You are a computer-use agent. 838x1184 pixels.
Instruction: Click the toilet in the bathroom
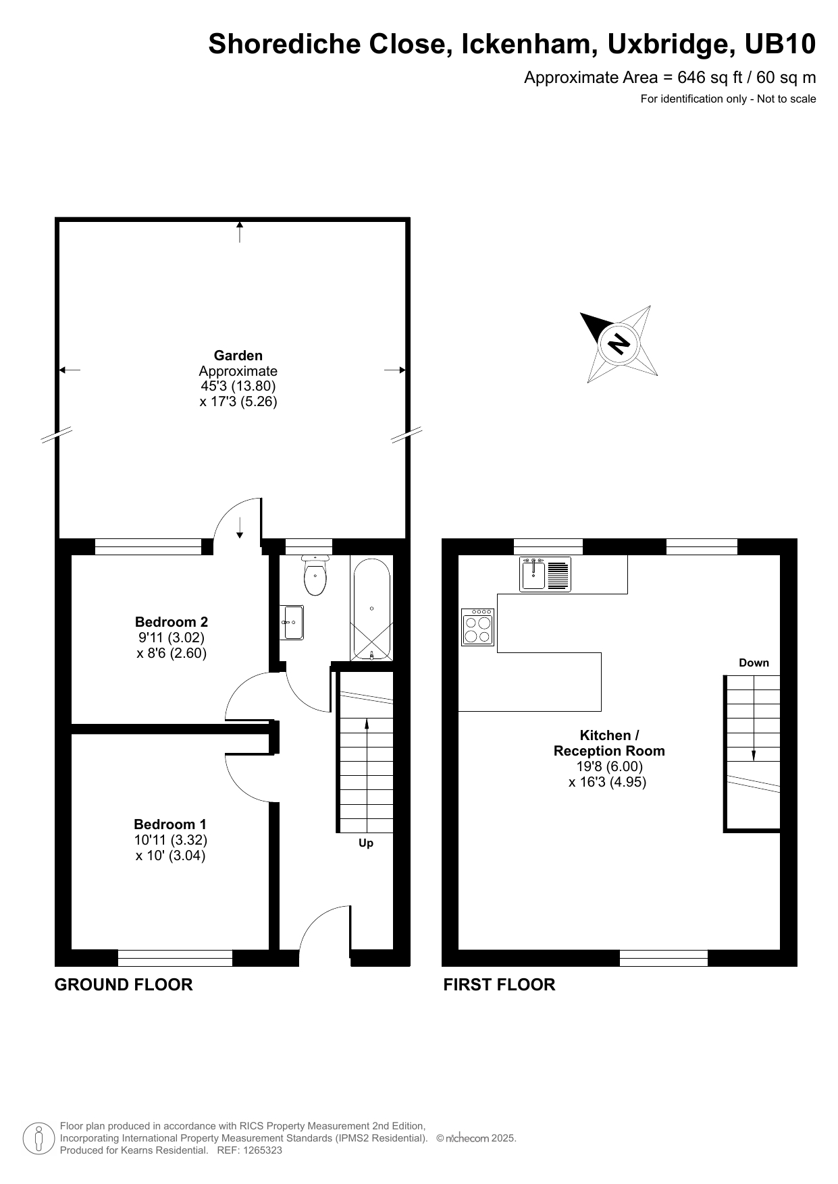[x=315, y=577]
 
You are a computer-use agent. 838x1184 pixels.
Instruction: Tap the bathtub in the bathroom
[x=371, y=609]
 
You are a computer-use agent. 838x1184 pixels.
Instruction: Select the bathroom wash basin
[x=293, y=622]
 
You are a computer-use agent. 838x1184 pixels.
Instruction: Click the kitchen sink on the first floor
[x=545, y=574]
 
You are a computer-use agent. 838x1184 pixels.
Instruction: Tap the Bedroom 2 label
[x=172, y=622]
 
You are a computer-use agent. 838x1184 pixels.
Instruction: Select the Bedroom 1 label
[x=170, y=824]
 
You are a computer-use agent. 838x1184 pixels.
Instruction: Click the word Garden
[x=238, y=356]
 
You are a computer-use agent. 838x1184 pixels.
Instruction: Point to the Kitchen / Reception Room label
[x=609, y=743]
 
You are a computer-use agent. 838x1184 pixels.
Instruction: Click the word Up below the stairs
[x=366, y=843]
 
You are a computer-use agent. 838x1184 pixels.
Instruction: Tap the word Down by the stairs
[x=754, y=663]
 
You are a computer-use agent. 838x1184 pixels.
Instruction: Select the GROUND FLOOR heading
[x=124, y=984]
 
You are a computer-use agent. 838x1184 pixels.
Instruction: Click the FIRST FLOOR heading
[x=499, y=984]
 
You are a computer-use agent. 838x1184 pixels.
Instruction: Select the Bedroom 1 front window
[x=175, y=957]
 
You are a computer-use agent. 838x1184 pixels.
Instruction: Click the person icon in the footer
[x=39, y=1138]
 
